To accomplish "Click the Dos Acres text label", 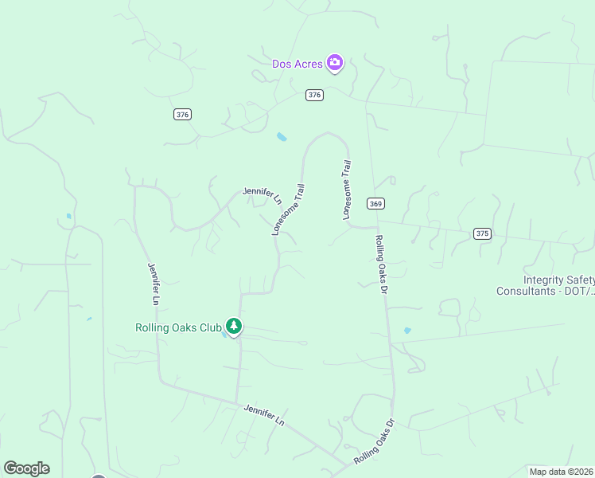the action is [x=297, y=64].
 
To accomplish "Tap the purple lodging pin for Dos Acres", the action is [x=335, y=63].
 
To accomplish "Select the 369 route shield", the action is [x=376, y=204].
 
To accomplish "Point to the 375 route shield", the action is [x=481, y=233].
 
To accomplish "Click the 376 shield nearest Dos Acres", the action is [x=314, y=95].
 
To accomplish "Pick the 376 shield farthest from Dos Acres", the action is [x=182, y=115].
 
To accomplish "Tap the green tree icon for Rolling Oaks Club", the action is [x=234, y=326].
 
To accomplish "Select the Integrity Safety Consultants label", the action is [x=546, y=285].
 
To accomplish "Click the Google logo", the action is [x=26, y=468].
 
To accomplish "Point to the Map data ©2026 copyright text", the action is [x=560, y=471].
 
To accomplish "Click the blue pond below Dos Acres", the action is [x=282, y=137].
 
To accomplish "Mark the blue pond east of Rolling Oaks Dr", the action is [x=407, y=330].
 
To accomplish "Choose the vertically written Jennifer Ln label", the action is [x=154, y=284].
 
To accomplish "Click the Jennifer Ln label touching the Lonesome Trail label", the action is [x=262, y=195].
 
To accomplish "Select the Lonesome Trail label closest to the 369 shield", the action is [x=346, y=190].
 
